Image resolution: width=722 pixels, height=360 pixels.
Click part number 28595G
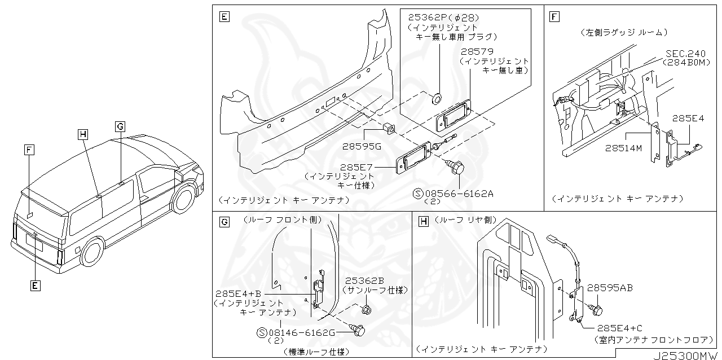362,146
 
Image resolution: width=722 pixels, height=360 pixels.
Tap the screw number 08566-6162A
460,194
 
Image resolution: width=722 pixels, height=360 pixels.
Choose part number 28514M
623,148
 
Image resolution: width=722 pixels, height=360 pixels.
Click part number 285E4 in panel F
688,119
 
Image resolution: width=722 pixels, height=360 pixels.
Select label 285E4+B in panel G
238,294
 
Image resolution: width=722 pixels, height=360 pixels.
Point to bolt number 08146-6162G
302,333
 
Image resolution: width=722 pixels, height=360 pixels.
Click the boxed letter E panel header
224,17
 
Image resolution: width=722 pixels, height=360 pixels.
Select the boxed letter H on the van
83,134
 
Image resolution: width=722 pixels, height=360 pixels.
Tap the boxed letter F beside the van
29,150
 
